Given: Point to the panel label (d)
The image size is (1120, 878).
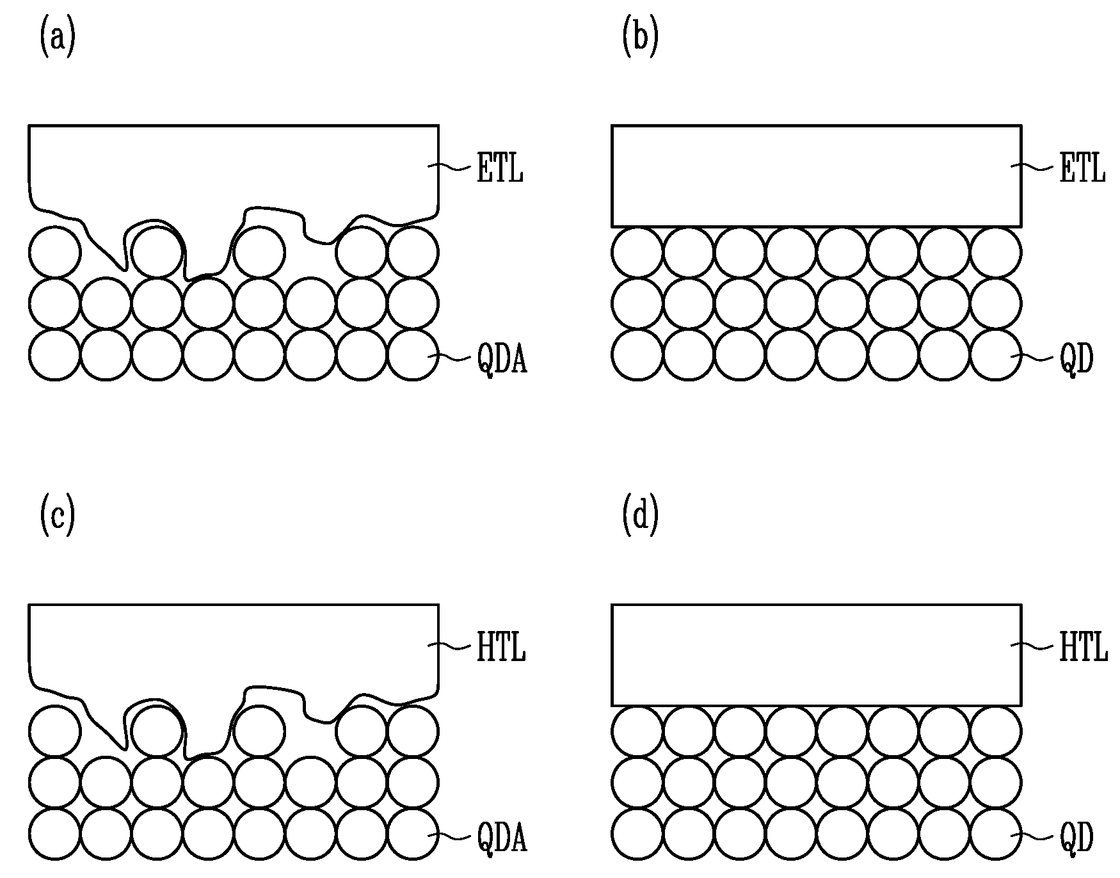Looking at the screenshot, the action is coord(640,518).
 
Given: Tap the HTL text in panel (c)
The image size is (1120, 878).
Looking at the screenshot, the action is coord(501,648).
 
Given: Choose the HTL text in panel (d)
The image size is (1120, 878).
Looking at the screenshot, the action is coord(1084,648).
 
